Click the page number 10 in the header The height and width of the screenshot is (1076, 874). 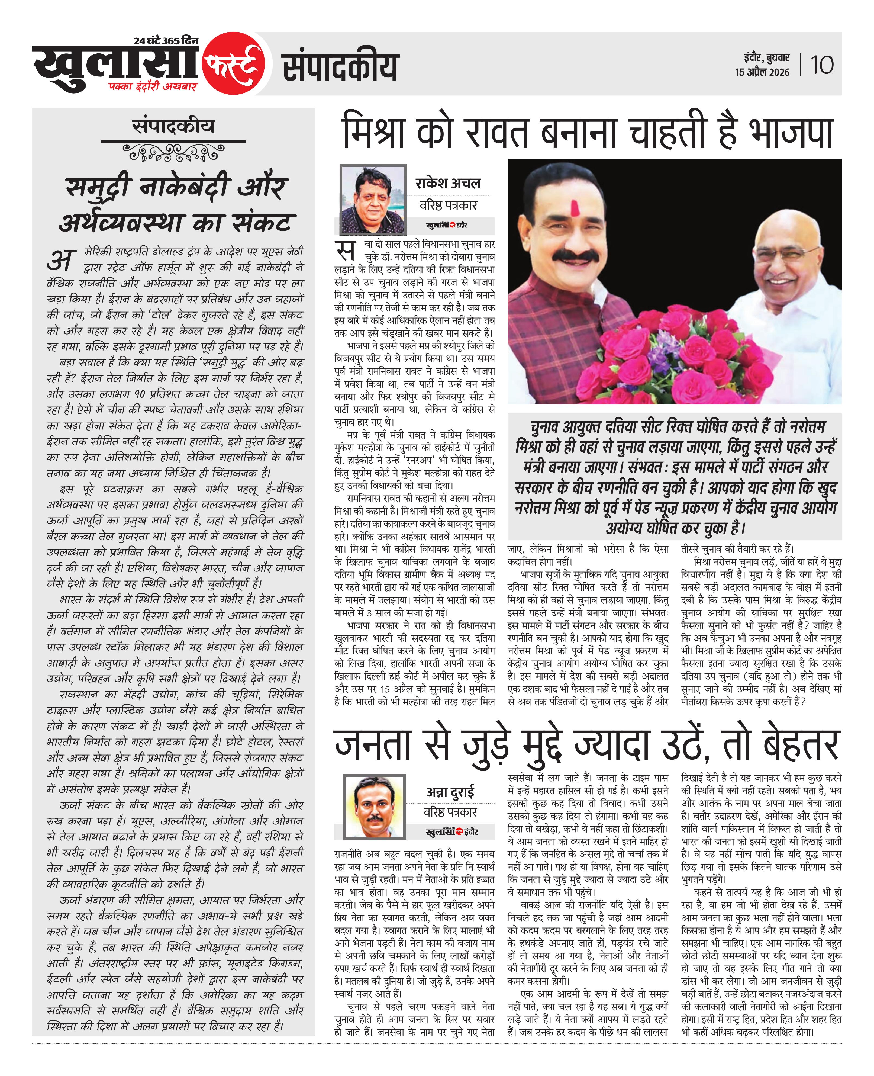(822, 65)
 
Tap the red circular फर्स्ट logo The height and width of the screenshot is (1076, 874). (234, 64)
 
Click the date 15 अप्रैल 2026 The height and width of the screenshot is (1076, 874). (762, 72)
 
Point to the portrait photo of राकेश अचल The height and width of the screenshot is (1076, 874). (373, 199)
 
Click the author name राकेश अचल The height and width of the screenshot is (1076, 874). (448, 183)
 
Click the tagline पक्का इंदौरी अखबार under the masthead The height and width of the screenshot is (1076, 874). (153, 86)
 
